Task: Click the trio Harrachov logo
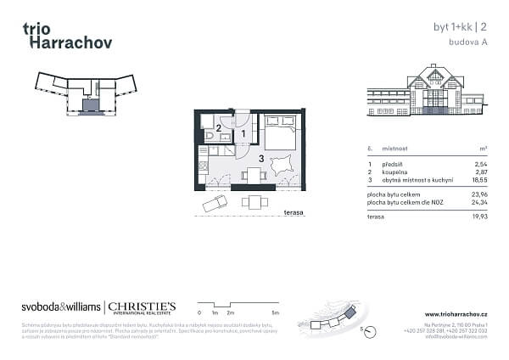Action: point(67,36)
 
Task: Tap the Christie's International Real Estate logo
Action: point(140,307)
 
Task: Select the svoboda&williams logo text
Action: point(61,307)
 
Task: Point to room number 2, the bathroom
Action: point(218,128)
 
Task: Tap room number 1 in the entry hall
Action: point(243,133)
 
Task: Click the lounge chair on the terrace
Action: point(215,205)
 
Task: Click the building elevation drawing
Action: point(423,91)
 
